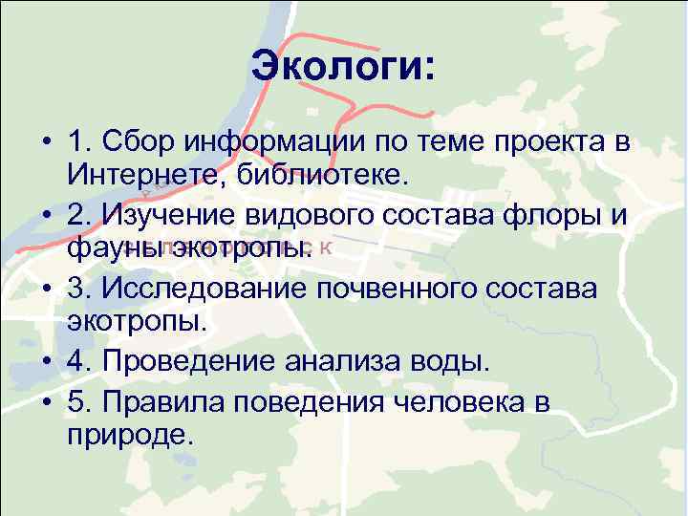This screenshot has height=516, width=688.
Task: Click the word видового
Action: (317, 218)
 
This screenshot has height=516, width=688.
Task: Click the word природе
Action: (130, 435)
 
